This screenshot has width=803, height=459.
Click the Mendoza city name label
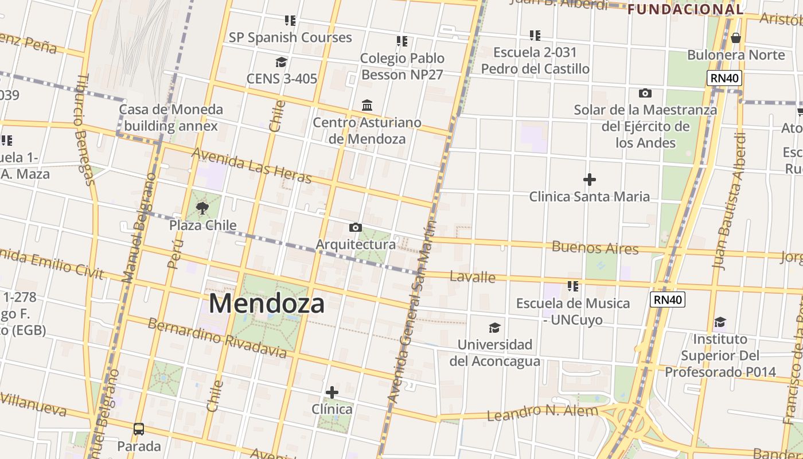click(x=267, y=303)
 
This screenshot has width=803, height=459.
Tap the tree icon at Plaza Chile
click(x=202, y=208)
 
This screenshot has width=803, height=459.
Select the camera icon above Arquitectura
click(x=356, y=228)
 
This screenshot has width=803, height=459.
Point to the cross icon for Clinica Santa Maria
click(x=589, y=180)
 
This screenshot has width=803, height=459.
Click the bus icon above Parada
click(x=139, y=429)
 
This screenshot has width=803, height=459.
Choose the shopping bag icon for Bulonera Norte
click(x=736, y=38)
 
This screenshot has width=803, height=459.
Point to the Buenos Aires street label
click(x=595, y=248)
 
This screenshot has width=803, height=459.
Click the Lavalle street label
click(x=473, y=277)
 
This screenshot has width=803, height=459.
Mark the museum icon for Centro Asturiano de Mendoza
click(x=367, y=106)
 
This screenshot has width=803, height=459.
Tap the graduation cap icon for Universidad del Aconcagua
click(x=494, y=328)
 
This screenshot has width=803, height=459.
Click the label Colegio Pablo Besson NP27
click(x=402, y=66)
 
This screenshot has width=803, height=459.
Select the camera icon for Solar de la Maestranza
click(x=645, y=93)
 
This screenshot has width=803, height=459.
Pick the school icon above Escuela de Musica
click(x=572, y=286)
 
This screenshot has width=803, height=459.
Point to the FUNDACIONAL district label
click(x=685, y=9)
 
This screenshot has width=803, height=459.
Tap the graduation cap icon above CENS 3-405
click(x=281, y=62)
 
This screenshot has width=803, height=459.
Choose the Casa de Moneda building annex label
click(x=171, y=118)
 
